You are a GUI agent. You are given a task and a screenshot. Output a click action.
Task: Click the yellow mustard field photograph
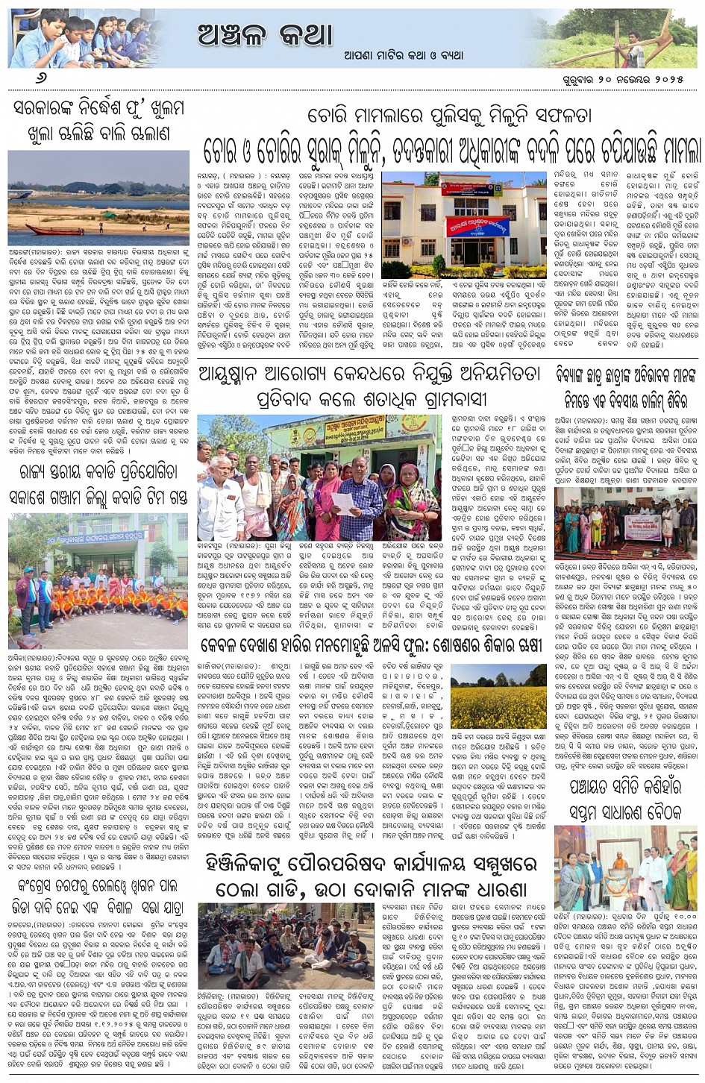498,697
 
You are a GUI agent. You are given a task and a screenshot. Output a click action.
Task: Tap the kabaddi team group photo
97,579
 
